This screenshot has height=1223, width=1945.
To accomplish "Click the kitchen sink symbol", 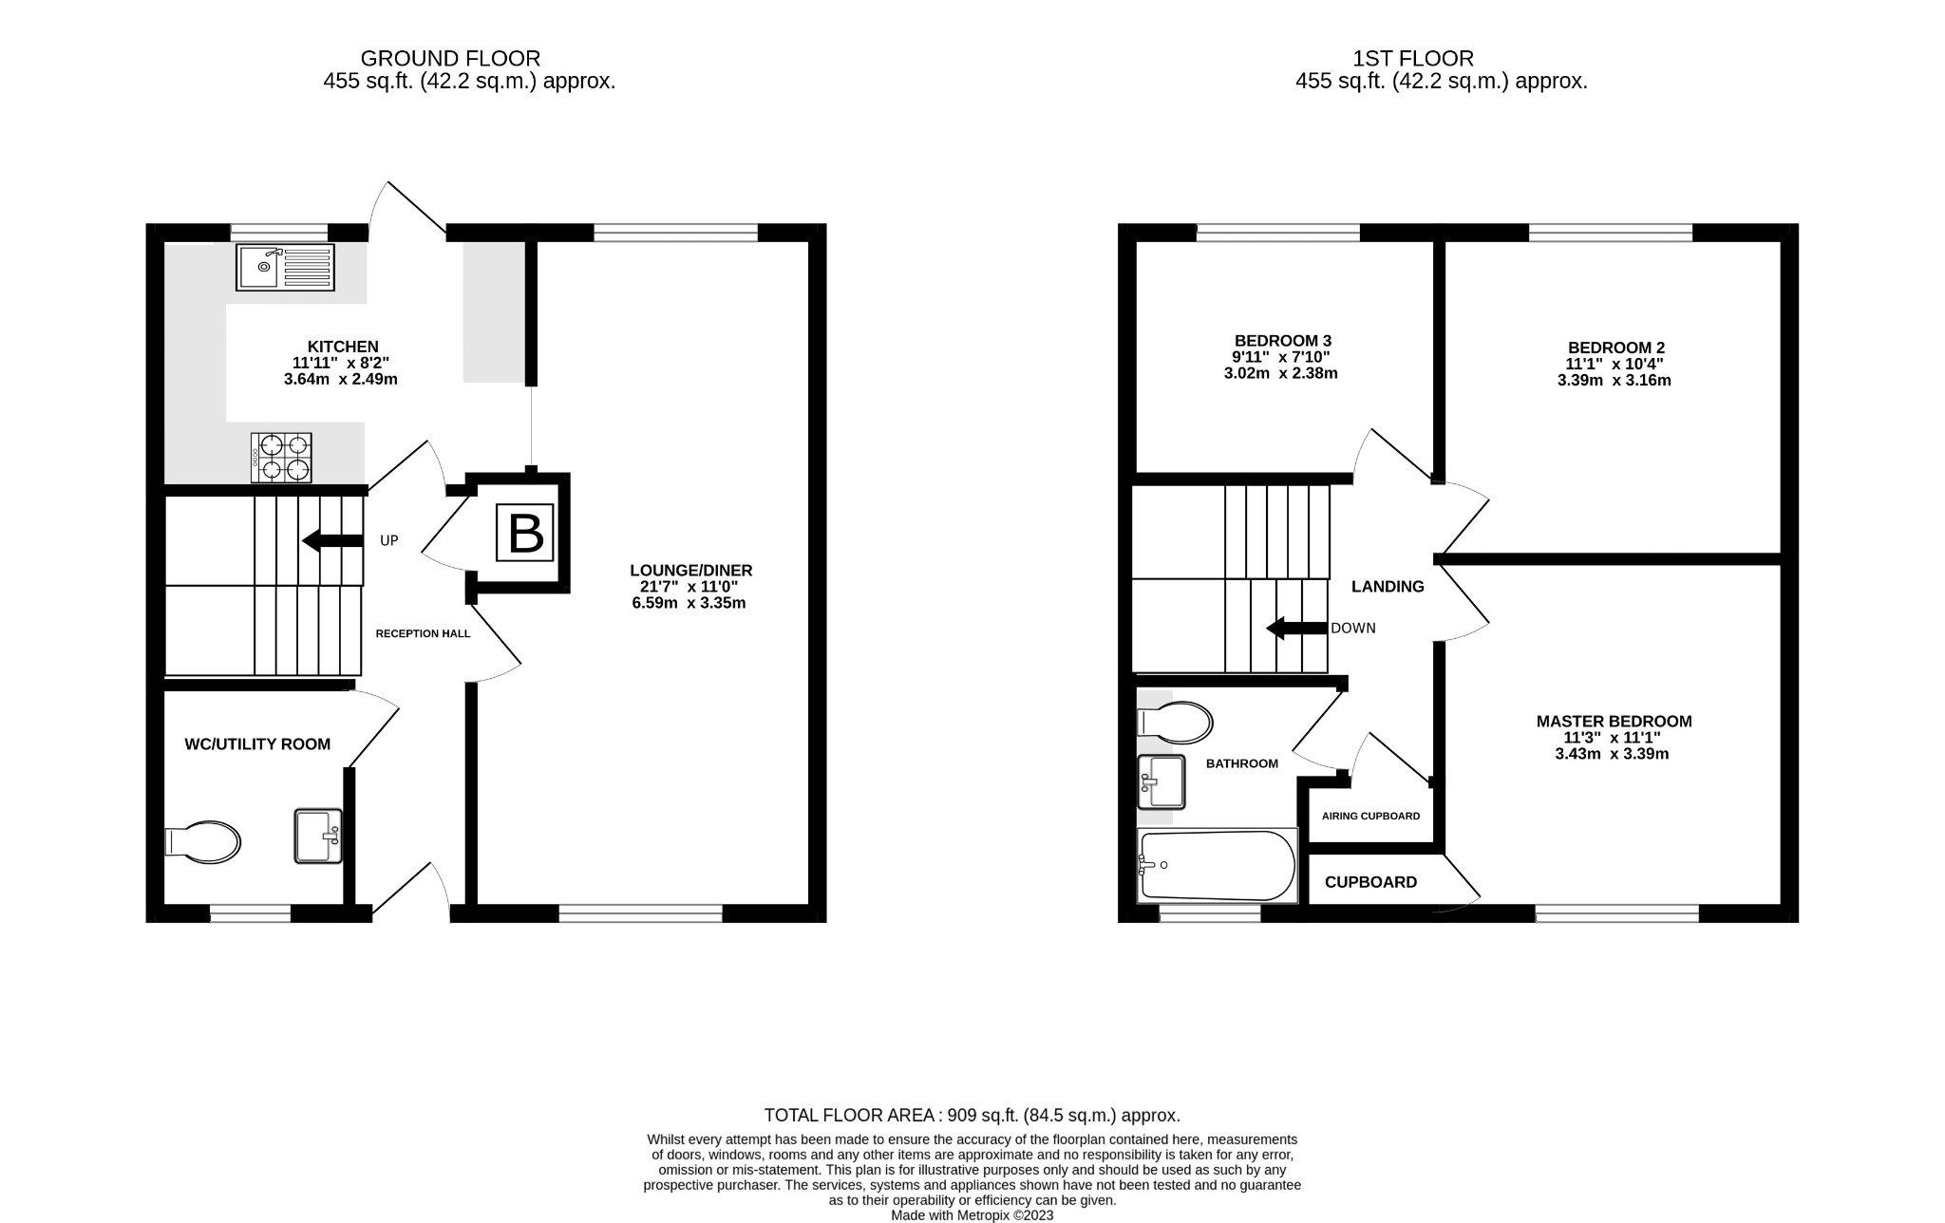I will tap(286, 267).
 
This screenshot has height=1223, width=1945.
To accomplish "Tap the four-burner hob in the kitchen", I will tap(281, 458).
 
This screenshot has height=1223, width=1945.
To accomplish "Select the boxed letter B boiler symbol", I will tap(526, 534).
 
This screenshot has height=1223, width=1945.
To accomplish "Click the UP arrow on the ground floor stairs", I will tap(332, 541).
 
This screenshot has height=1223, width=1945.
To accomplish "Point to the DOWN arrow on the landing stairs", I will tap(1297, 629).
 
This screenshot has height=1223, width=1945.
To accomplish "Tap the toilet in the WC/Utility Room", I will tap(203, 842).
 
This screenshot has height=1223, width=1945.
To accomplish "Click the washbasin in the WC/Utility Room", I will tap(318, 836).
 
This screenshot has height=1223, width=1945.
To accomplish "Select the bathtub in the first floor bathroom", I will tap(1218, 866).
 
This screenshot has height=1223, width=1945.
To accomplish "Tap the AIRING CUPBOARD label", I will tap(1370, 817).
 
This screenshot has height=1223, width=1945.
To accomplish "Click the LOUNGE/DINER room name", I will tap(690, 571).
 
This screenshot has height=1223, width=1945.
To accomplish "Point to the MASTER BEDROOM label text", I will tap(1614, 722).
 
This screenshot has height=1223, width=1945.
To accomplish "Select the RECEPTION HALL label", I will tap(423, 633).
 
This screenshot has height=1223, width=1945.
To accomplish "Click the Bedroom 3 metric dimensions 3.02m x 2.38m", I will tap(1280, 374).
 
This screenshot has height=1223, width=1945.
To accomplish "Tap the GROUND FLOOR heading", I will tap(450, 59).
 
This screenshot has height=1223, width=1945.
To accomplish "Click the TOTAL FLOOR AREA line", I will tap(972, 1116).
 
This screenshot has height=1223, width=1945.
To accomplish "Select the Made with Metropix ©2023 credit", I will tap(972, 1215).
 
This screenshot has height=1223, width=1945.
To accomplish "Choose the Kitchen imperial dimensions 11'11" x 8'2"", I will tap(342, 363).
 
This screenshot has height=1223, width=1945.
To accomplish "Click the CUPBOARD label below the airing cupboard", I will tap(1370, 882).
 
